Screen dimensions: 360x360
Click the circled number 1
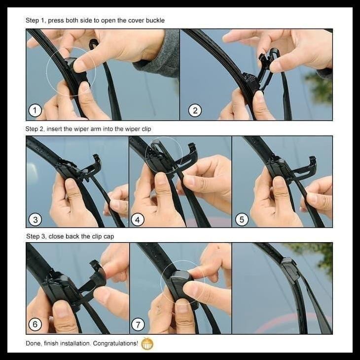coord(35,110)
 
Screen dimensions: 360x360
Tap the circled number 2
coord(195,110)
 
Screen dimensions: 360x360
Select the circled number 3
coord(35,219)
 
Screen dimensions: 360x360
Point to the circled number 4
coord(138,219)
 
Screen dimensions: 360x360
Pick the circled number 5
coord(241,219)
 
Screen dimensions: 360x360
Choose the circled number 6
coord(35,324)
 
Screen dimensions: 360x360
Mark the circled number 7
coord(138,324)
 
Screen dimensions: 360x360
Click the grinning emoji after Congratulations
coord(147,343)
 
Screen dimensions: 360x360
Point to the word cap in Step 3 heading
coord(108,237)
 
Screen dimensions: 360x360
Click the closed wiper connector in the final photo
coord(290,269)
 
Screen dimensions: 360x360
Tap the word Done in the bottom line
coord(33,343)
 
